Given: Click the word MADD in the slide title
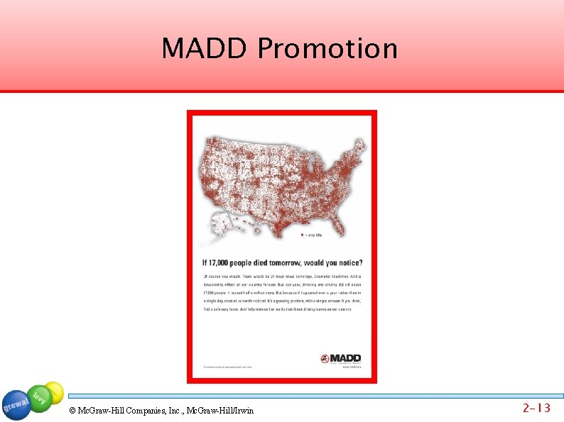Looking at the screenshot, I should (206, 49).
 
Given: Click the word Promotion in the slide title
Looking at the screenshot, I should (327, 49).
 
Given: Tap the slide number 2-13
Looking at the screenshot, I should (536, 408).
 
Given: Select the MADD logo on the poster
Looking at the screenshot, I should (341, 358).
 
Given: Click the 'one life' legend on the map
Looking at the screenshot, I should (313, 234).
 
